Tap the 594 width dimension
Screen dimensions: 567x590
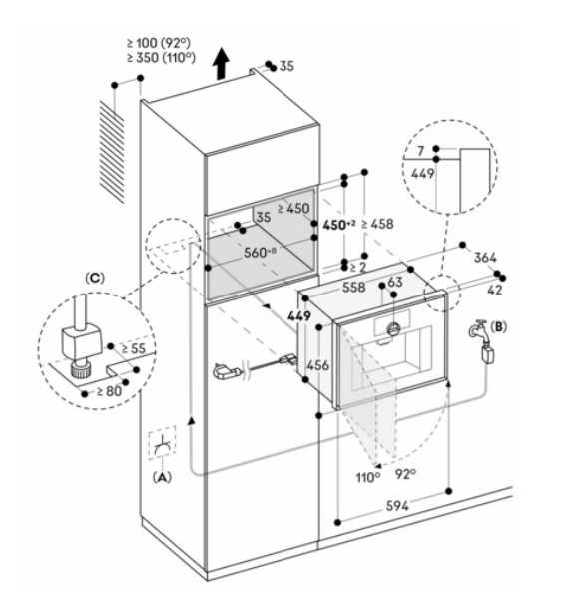(397, 506)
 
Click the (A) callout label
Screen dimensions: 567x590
(162, 477)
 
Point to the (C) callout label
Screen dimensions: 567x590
(95, 278)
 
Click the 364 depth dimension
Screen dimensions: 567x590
(485, 258)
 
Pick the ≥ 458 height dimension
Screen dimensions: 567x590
(377, 224)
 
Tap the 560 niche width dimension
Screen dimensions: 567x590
(260, 252)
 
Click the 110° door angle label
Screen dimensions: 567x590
(368, 477)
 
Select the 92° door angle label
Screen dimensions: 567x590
(405, 474)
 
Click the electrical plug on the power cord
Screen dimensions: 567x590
(227, 371)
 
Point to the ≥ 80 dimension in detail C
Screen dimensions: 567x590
(109, 391)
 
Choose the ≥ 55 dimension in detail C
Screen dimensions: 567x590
(134, 348)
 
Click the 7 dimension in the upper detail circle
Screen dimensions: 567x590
(420, 151)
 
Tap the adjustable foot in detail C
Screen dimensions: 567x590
(80, 370)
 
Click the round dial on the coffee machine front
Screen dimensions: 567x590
(393, 329)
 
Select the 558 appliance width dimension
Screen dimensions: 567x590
(353, 288)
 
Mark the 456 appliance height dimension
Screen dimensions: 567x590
(317, 365)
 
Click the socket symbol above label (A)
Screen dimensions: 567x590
(163, 443)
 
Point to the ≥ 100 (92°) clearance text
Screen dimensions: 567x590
(159, 43)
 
